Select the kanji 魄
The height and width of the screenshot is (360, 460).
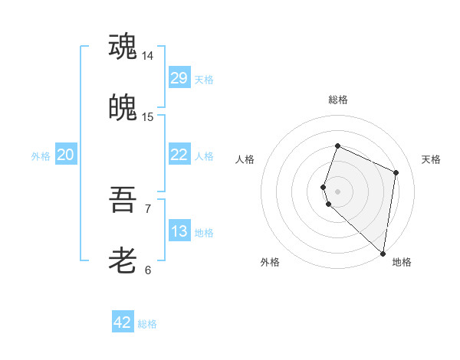click(x=123, y=109)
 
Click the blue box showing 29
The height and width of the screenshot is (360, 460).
click(x=179, y=78)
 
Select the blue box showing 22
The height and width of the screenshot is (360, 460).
click(x=179, y=155)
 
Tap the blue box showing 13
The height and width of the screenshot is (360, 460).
click(x=179, y=231)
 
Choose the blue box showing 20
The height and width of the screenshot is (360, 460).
click(x=65, y=155)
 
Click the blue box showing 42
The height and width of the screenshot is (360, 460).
click(x=123, y=322)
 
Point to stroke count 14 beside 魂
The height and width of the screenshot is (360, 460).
click(x=148, y=56)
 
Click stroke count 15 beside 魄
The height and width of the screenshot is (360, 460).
click(x=148, y=117)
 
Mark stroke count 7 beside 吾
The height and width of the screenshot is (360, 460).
click(x=148, y=208)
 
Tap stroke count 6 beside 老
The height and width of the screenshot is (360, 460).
click(x=148, y=270)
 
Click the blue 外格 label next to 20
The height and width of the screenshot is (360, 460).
click(x=41, y=155)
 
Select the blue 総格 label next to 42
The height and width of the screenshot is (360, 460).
click(x=147, y=324)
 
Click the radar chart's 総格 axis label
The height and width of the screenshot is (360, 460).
click(x=337, y=100)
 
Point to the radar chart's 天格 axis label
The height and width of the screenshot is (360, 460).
click(x=431, y=159)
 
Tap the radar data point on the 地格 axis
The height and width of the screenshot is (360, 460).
click(x=383, y=254)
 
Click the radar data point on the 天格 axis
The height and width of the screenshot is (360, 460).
click(x=396, y=172)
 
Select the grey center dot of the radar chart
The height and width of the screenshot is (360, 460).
click(x=337, y=191)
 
